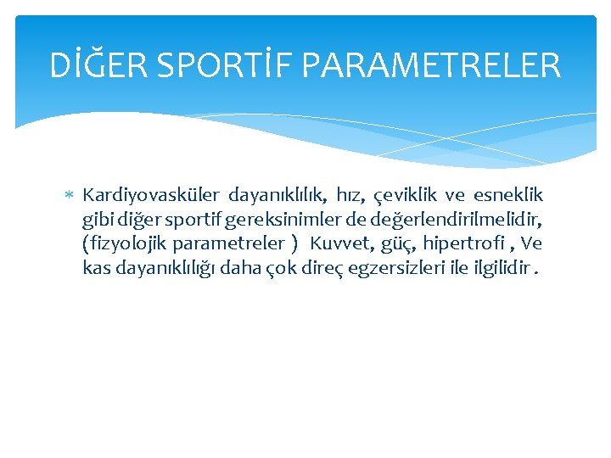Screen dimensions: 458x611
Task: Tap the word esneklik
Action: [x=508, y=196]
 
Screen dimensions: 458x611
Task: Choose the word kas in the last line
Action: [x=96, y=269]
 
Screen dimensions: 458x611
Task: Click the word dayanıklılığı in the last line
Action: [x=161, y=269]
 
